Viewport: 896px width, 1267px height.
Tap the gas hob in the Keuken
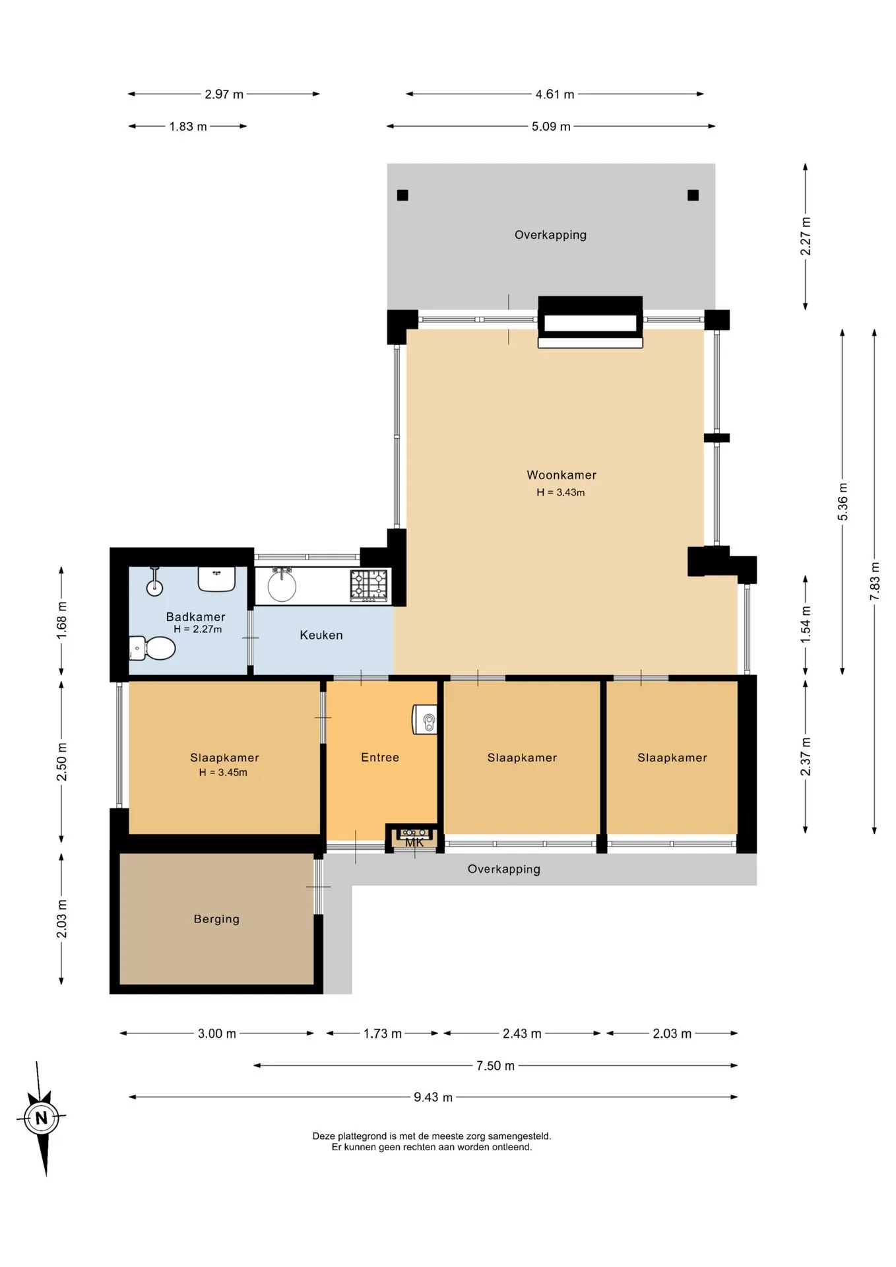[368, 586]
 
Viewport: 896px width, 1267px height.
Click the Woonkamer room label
[561, 475]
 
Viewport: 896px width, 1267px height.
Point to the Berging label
[216, 919]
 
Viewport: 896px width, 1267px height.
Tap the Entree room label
[380, 758]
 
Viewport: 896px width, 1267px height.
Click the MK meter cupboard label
[414, 843]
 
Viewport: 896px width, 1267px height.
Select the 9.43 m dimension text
[433, 1097]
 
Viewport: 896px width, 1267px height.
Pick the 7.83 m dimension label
[875, 581]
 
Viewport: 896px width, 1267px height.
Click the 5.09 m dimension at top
[551, 126]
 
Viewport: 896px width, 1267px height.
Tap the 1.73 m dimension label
[383, 1033]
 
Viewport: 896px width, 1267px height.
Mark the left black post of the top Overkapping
[402, 195]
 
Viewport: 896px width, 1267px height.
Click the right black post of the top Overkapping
[693, 195]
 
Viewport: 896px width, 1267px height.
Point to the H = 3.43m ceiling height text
[561, 492]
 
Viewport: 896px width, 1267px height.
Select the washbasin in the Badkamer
[216, 579]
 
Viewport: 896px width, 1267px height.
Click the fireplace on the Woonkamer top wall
[591, 322]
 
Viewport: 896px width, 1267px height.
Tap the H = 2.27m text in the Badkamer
[198, 629]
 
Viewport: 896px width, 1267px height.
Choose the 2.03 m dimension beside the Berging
[61, 919]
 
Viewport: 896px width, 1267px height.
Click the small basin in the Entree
[425, 719]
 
